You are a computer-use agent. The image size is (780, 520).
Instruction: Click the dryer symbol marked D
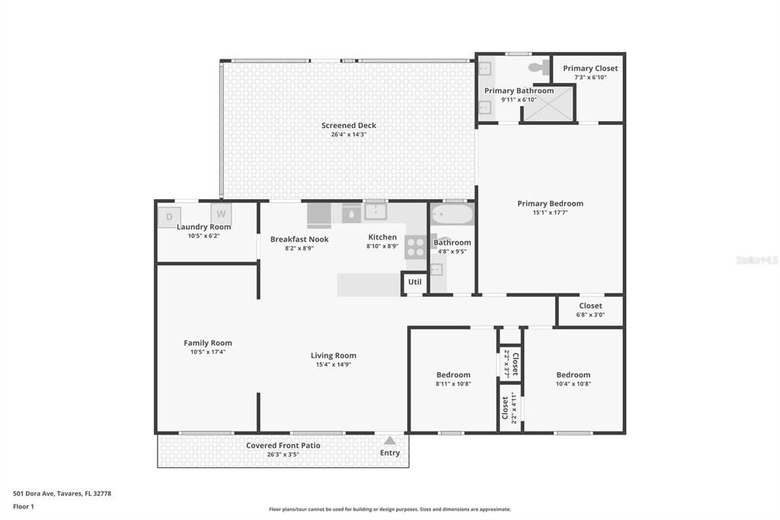(x=169, y=217)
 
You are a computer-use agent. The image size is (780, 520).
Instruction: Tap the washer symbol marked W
(x=221, y=214)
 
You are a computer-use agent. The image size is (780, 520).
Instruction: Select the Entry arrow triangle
(x=390, y=441)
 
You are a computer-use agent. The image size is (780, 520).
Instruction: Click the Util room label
(x=414, y=282)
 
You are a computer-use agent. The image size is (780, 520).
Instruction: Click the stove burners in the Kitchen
(x=415, y=247)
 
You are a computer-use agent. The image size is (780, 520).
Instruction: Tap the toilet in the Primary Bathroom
(x=539, y=68)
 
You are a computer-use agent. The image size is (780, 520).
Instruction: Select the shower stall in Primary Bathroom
(x=548, y=104)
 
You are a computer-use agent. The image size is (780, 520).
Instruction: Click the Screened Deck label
(x=348, y=126)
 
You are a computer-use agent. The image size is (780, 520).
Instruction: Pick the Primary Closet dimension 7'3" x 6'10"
(x=590, y=77)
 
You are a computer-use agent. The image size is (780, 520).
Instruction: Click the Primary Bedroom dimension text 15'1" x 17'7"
(x=550, y=213)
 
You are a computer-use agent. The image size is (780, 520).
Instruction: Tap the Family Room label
(x=207, y=343)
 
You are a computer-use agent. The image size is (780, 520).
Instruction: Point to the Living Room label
(x=333, y=355)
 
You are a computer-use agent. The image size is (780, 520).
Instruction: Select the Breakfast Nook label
(x=299, y=239)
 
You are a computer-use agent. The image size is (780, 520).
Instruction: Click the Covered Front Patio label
(x=283, y=445)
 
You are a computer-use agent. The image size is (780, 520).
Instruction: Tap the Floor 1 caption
(x=24, y=506)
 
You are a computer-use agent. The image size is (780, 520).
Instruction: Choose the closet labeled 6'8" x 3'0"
(x=590, y=310)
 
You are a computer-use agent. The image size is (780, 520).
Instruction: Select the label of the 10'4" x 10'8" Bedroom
(x=573, y=374)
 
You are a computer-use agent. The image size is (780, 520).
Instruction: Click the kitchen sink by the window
(x=375, y=212)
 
